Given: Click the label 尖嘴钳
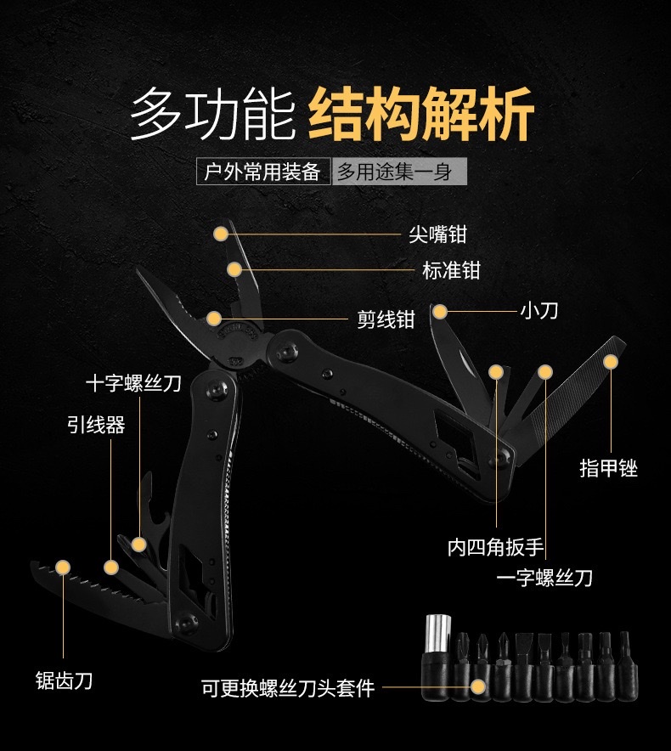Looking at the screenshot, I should [437, 234].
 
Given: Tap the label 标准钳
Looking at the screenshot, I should [451, 270].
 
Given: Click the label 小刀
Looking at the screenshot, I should [538, 310].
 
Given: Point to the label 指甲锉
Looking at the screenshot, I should [608, 467].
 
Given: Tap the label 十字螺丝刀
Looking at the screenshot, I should [133, 383].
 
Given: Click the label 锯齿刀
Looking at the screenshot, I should [64, 680].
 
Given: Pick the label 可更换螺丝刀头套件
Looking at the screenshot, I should [288, 687].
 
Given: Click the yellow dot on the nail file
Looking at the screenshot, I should [610, 361].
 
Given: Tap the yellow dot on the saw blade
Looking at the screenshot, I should [62, 566].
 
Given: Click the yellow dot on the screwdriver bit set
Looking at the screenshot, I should [478, 686].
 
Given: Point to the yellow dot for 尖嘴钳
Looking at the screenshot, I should [221, 233].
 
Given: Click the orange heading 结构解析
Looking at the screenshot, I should [421, 115].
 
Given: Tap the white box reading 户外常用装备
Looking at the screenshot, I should [262, 172].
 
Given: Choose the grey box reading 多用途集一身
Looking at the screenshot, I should [395, 172].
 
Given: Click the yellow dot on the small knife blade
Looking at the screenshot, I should [438, 312].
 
